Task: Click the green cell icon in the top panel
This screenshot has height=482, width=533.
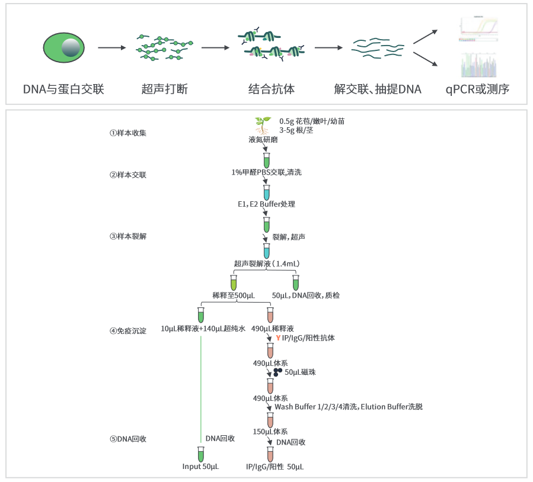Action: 63,47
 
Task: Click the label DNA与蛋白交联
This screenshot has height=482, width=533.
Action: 63,90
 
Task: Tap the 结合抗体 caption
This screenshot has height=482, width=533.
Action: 271,90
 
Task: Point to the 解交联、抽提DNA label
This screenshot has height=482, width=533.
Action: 378,90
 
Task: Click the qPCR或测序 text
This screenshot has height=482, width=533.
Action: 478,90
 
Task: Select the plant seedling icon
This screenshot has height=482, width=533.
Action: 263,125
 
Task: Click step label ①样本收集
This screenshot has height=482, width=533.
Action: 127,133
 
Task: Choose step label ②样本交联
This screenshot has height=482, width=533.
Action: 127,175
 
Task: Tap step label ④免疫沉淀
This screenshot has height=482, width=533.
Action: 127,330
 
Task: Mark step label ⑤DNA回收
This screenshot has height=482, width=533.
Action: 127,439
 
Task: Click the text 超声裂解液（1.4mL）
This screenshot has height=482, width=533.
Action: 266,264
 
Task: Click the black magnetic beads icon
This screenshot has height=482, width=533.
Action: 277,372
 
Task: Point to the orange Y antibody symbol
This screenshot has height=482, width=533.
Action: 277,338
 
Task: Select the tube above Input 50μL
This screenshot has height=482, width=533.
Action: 201,454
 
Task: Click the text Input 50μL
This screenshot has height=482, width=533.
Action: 200,467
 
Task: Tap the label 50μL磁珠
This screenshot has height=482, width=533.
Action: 300,372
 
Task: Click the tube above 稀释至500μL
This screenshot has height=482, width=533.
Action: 234,281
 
